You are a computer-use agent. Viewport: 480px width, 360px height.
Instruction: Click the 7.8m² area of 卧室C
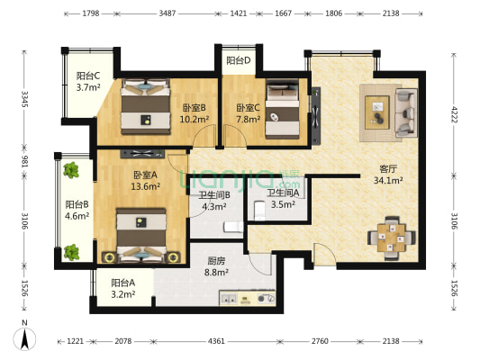[249, 118]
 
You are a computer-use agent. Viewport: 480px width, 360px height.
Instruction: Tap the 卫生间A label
[283, 193]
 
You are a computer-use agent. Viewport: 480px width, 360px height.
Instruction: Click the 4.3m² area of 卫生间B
[213, 206]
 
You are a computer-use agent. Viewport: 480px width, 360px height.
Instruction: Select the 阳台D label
[239, 61]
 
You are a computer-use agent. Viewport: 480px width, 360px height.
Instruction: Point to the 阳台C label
[88, 76]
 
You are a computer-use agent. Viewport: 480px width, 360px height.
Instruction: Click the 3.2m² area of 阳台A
[123, 293]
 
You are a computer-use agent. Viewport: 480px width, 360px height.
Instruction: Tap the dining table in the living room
[391, 237]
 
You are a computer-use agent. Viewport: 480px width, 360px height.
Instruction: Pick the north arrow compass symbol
[24, 339]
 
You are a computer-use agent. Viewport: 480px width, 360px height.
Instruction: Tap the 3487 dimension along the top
[168, 14]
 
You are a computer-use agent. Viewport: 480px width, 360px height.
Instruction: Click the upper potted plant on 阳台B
[69, 169]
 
